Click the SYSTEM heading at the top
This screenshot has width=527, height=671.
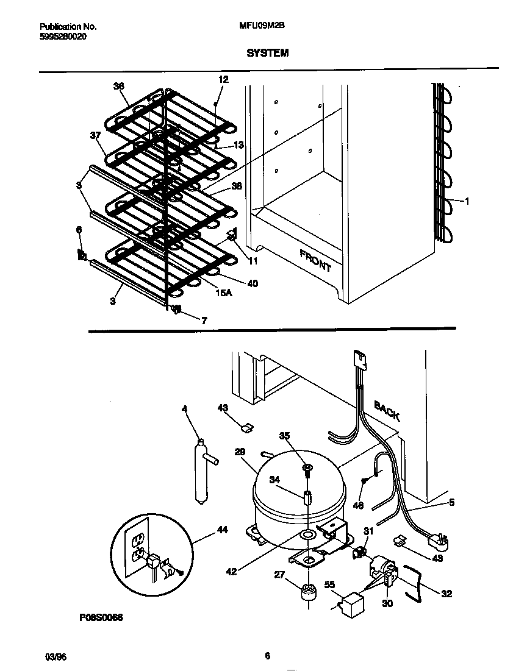point(267,53)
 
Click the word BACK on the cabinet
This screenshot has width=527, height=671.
point(387,410)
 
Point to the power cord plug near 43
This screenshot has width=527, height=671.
point(437,540)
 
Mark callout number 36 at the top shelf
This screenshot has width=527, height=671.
point(118,87)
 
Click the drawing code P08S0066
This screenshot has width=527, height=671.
point(101,617)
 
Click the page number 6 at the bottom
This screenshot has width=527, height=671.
point(267,656)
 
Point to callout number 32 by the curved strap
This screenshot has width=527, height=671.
point(446,594)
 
